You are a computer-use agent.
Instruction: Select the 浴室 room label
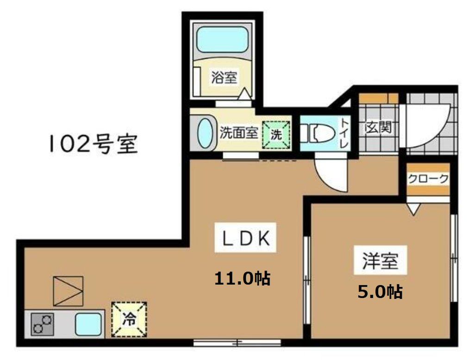coord(224,77)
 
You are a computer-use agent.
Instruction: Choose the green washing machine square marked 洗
coord(276,135)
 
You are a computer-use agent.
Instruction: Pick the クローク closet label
coord(428,179)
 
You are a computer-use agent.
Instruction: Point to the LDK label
coord(246,239)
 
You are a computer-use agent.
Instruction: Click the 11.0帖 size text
coord(242,279)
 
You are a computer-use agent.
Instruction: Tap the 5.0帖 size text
coord(379,292)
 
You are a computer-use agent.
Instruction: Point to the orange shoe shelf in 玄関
coord(379,98)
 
